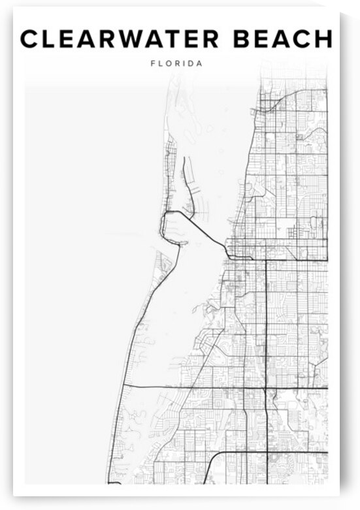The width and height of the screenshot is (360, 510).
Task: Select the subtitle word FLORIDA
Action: coord(176,64)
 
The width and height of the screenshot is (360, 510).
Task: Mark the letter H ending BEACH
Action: coord(323,39)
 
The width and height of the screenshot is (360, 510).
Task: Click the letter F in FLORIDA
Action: coord(152,64)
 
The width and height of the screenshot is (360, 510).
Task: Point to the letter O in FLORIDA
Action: coord(167,64)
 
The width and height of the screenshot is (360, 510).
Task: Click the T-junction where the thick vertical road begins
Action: coord(266,259)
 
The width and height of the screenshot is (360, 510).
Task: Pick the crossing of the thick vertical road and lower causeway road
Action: coord(266,388)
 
